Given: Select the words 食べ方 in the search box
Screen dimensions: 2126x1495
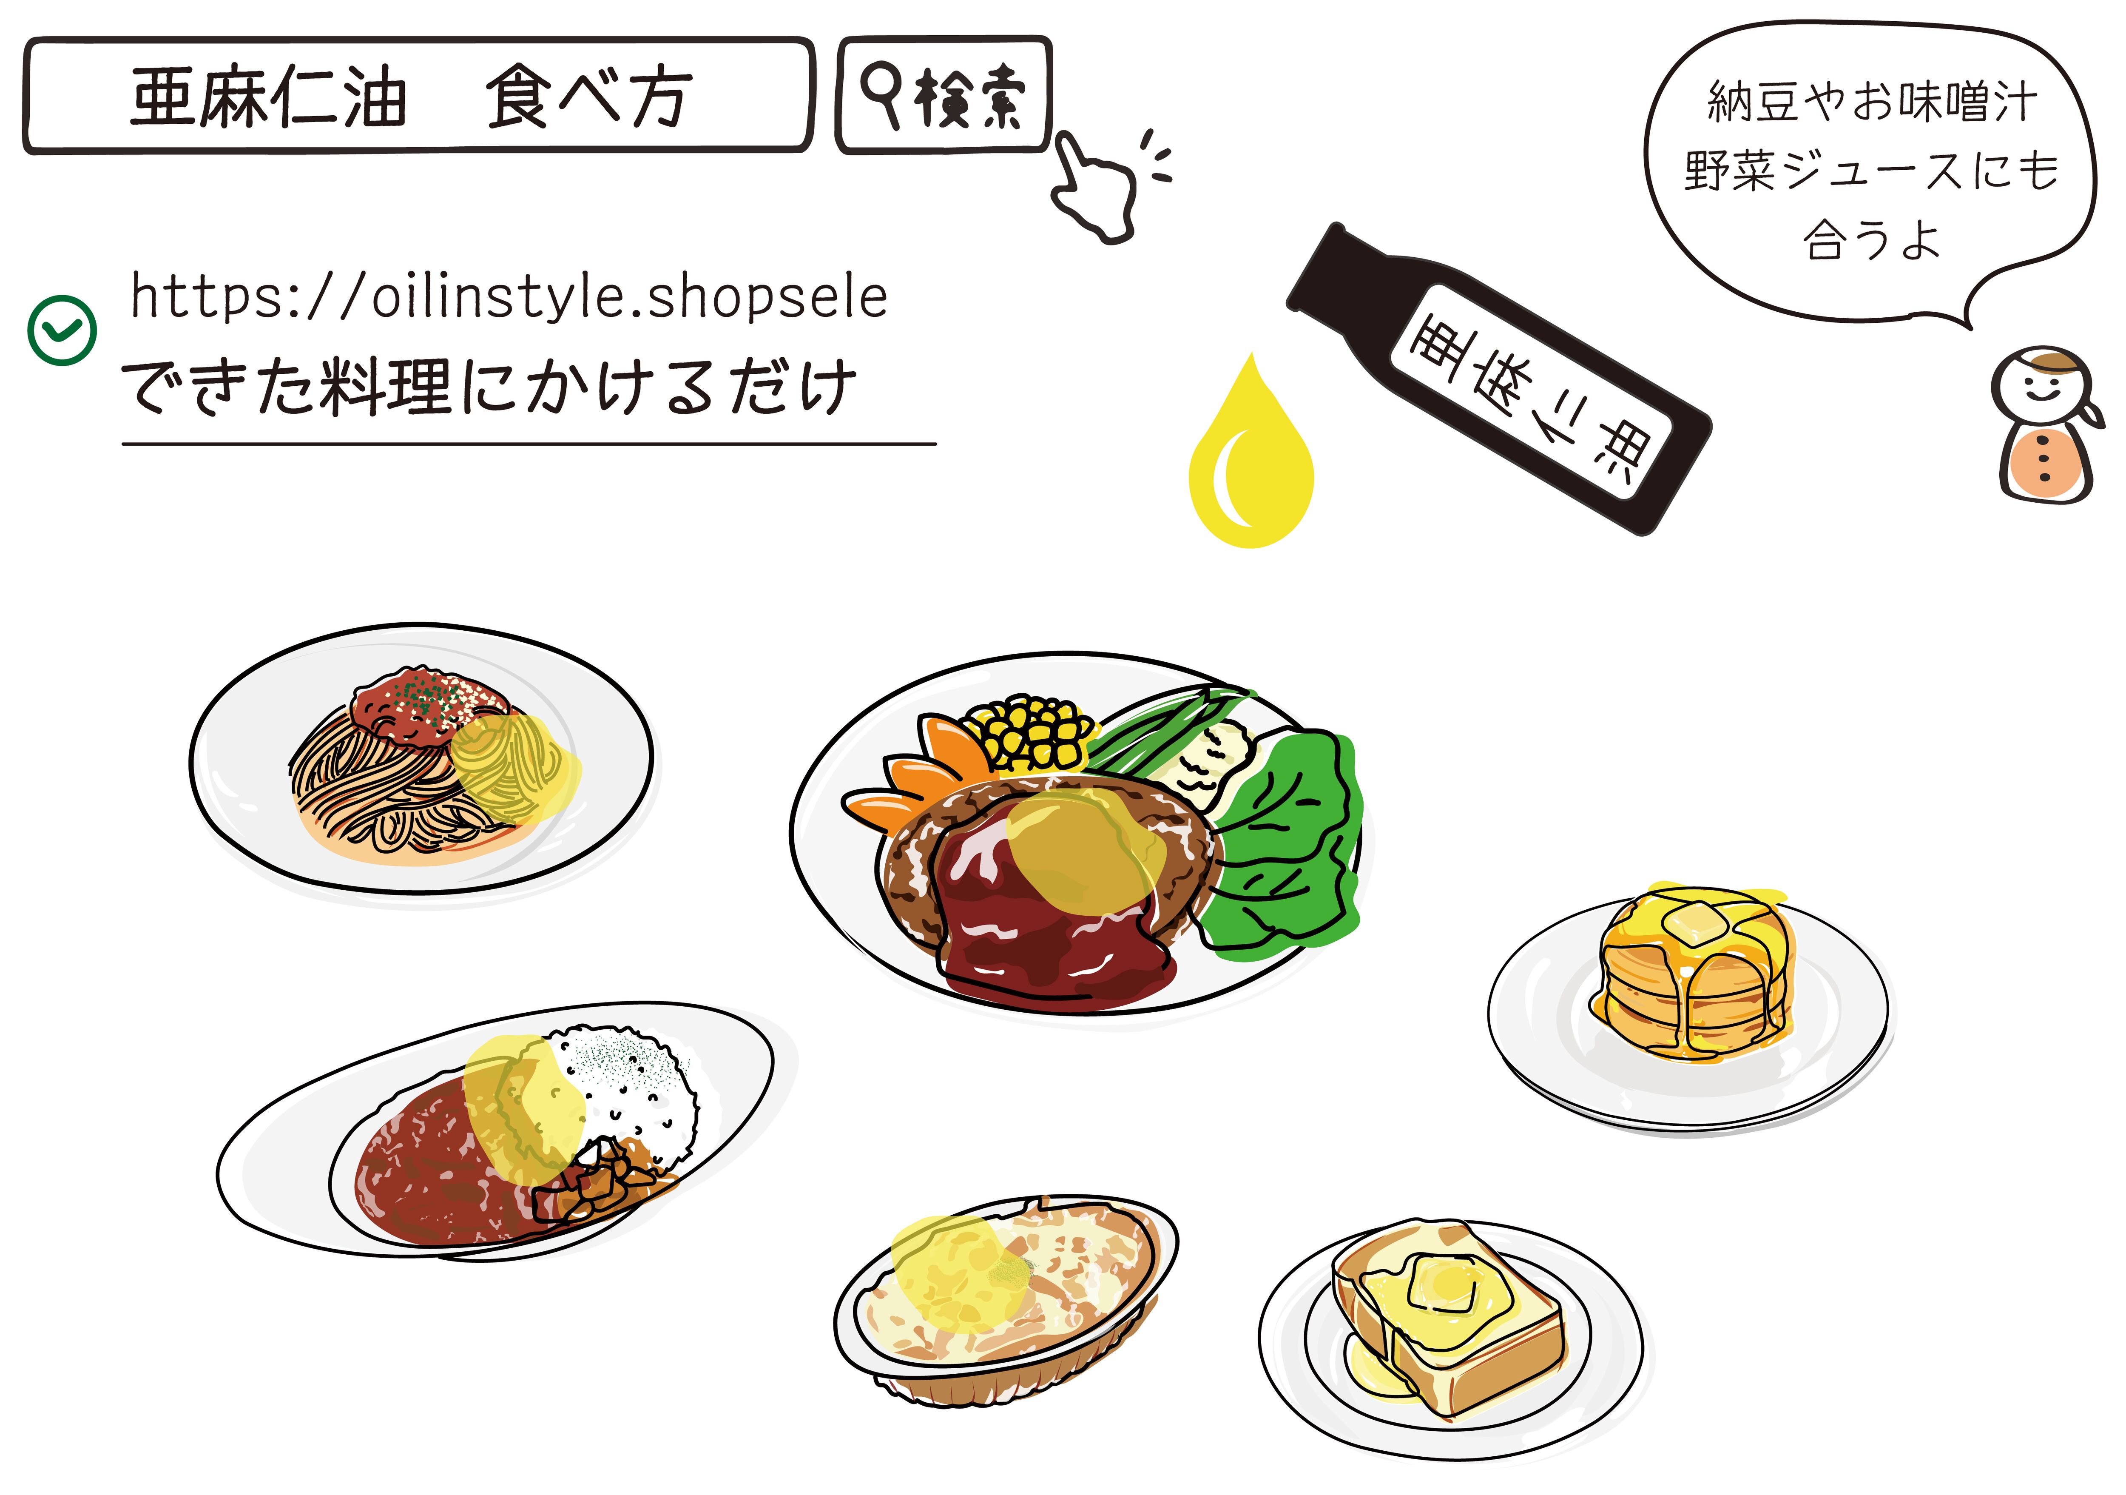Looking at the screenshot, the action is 588,96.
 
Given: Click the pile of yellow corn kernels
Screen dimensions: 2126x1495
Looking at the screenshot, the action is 1030,732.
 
